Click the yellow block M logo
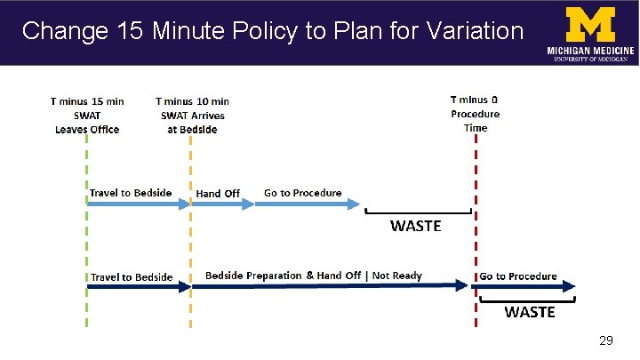(591, 23)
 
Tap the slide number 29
(606, 341)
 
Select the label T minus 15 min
(86, 101)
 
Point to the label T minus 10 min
(191, 101)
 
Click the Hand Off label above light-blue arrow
(218, 193)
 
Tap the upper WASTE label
(415, 226)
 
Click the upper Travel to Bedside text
(132, 192)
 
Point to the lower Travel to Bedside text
(132, 277)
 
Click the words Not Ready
(396, 276)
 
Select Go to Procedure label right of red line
(518, 276)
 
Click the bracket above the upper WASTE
(419, 212)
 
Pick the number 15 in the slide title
(131, 32)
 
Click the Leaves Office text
(86, 129)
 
